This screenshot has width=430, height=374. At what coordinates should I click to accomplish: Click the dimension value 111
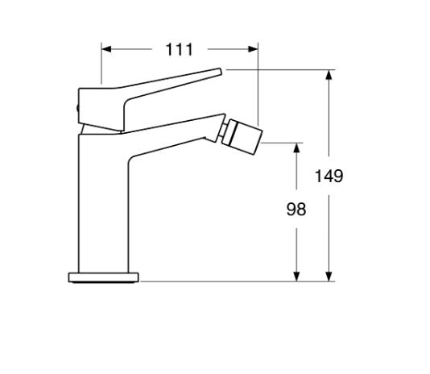180,50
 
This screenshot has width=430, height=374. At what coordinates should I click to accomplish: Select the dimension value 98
296,210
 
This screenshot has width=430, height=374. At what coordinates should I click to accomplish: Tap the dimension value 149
329,176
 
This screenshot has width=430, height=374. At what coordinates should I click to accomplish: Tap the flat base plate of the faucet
103,278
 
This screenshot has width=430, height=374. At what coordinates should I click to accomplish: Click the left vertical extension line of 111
101,64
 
